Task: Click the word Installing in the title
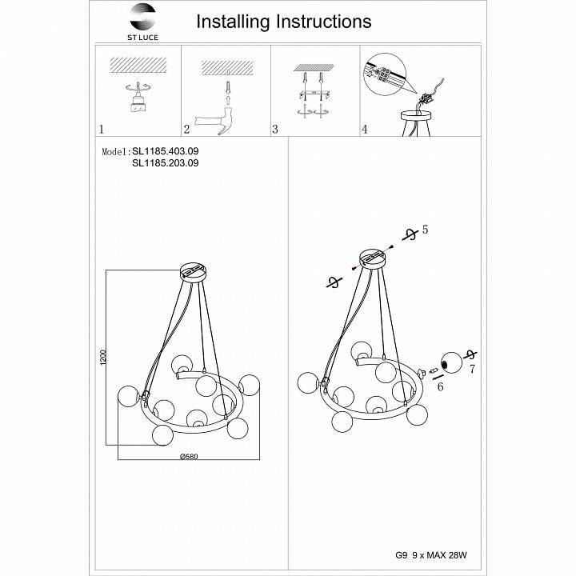233,22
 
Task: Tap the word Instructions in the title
324,22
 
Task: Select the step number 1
102,129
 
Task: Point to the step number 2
186,129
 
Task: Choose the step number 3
275,129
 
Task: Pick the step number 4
365,129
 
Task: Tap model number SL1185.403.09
166,151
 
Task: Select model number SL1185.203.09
166,162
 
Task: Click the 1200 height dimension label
103,358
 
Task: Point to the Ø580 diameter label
189,456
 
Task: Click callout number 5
425,230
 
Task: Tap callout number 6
440,386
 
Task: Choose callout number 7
472,369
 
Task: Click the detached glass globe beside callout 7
451,363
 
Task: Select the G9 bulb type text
401,555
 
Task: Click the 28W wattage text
458,555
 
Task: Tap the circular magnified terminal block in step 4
385,74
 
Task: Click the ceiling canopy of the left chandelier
194,272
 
